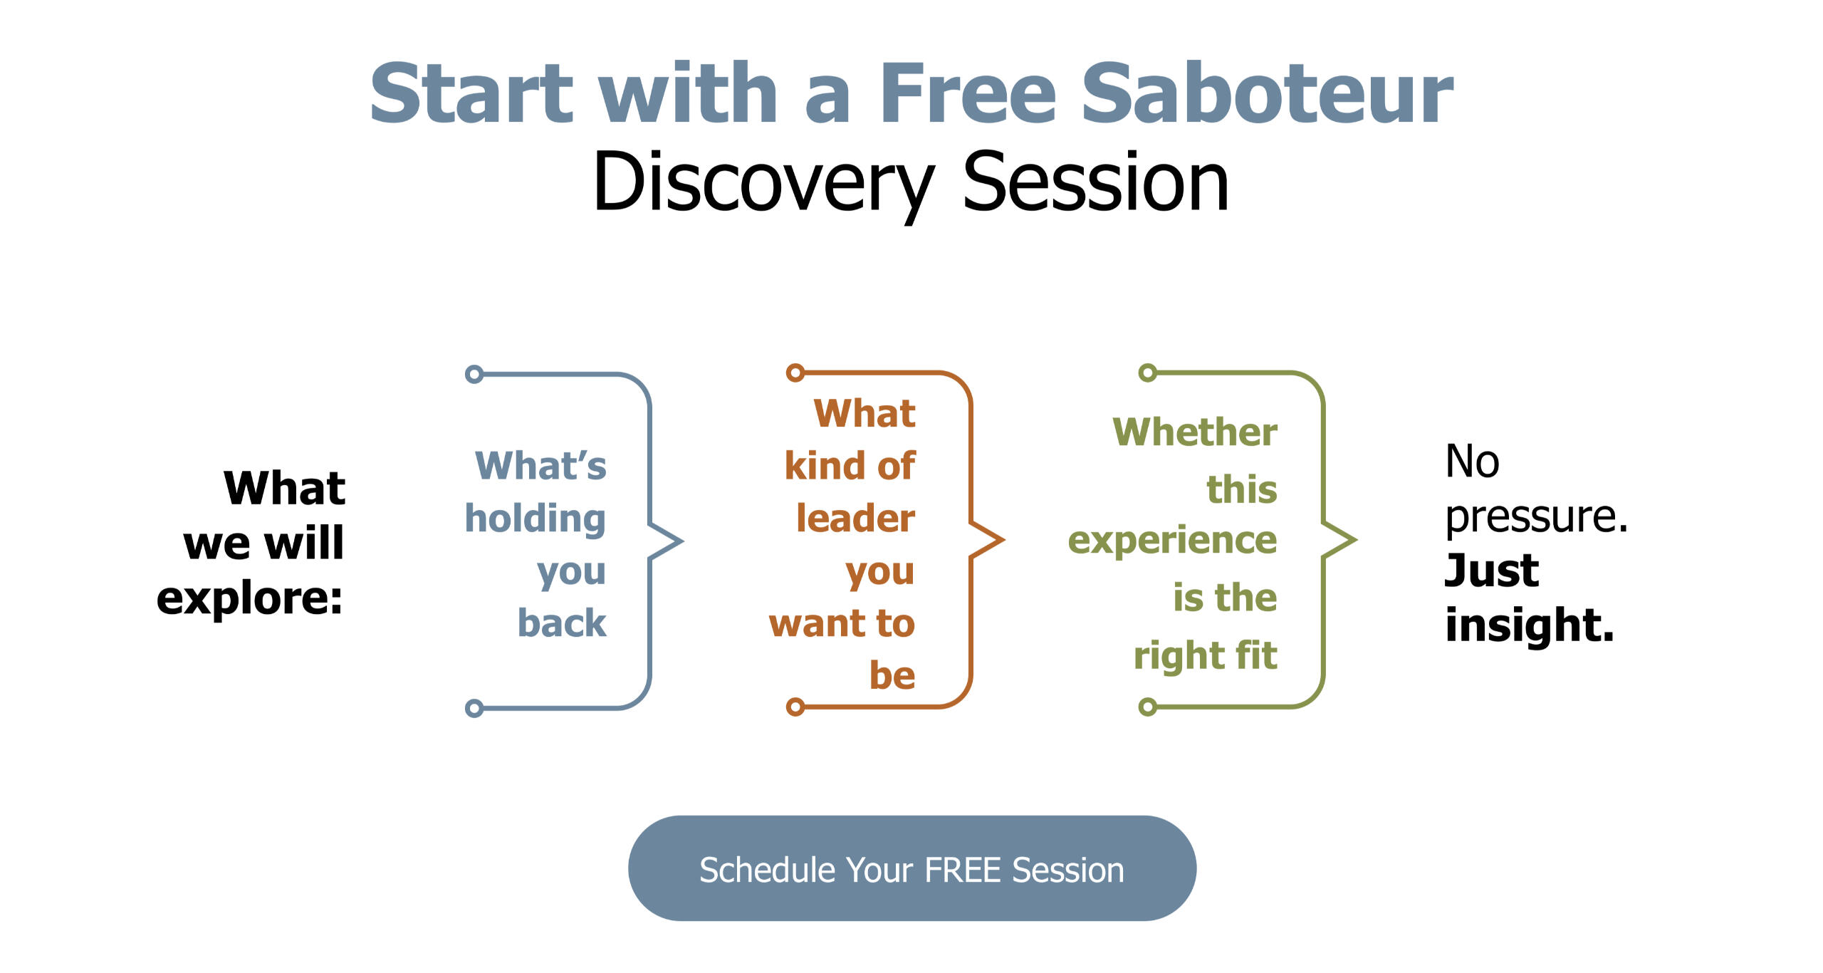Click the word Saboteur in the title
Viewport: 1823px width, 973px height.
click(1267, 93)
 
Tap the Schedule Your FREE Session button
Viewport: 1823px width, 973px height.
click(911, 868)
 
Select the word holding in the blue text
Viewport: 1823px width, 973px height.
click(536, 519)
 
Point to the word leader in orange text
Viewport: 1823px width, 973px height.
click(855, 518)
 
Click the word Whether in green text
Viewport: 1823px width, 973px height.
click(1195, 432)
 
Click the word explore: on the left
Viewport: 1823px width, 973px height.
click(250, 598)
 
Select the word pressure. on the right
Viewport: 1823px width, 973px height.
click(1537, 516)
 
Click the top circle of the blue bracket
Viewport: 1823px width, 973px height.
click(474, 374)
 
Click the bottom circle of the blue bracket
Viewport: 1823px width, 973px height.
click(474, 708)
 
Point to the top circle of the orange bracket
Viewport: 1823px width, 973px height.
click(795, 373)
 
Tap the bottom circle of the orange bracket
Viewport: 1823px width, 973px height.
click(795, 707)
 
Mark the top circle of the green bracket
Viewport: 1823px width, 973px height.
click(1148, 373)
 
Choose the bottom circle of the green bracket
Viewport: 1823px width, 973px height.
click(1148, 707)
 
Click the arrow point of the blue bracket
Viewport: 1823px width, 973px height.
click(682, 541)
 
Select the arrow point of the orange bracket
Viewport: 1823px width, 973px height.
click(1003, 540)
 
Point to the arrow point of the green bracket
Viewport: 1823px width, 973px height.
click(1355, 540)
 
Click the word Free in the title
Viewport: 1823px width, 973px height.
click(968, 93)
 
